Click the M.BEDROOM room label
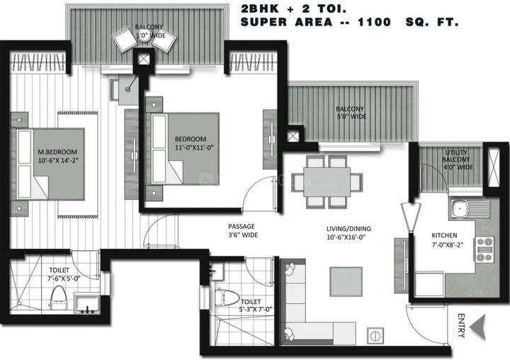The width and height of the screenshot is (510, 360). pyautogui.click(x=57, y=152)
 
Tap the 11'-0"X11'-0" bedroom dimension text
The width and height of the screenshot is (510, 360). pyautogui.click(x=194, y=147)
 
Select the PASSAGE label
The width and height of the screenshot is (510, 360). pyautogui.click(x=242, y=227)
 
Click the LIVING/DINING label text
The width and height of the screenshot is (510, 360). pyautogui.click(x=348, y=229)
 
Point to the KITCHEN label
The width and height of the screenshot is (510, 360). pyautogui.click(x=444, y=235)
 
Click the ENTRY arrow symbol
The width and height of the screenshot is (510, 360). pyautogui.click(x=478, y=327)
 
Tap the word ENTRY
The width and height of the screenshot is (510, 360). pyautogui.click(x=461, y=325)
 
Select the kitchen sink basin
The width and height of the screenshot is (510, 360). pyautogui.click(x=459, y=207)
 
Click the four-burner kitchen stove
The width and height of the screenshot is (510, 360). pyautogui.click(x=485, y=249)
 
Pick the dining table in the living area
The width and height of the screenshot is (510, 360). pyautogui.click(x=327, y=182)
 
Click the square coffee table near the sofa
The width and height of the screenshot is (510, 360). pyautogui.click(x=346, y=281)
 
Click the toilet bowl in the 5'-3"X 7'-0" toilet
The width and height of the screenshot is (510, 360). pyautogui.click(x=227, y=297)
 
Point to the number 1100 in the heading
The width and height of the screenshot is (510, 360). pyautogui.click(x=374, y=22)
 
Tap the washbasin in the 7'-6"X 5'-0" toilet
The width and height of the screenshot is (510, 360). pyautogui.click(x=87, y=305)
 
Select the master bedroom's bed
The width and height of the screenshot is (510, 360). pyautogui.click(x=47, y=164)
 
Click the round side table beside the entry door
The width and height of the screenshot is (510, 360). pyautogui.click(x=375, y=336)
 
